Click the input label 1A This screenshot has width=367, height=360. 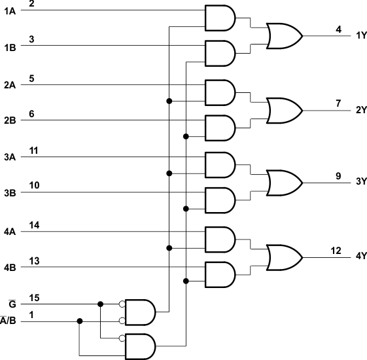pyautogui.click(x=10, y=12)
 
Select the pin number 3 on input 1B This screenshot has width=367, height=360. pyautogui.click(x=32, y=40)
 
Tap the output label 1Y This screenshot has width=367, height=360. pyautogui.click(x=361, y=35)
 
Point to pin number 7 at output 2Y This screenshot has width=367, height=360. pyautogui.click(x=338, y=103)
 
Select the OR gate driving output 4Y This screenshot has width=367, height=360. pyautogui.click(x=283, y=256)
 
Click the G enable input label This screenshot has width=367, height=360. pyautogui.click(x=11, y=304)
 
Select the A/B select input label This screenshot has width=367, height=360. pyautogui.click(x=9, y=321)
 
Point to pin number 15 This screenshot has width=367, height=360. pyautogui.click(x=34, y=298)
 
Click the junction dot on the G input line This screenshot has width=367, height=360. pyautogui.click(x=100, y=304)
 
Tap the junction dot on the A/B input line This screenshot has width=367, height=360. pyautogui.click(x=80, y=321)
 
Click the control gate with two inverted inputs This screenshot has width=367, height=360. pyautogui.click(x=141, y=312)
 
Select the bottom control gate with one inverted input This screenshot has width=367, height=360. pyautogui.click(x=141, y=346)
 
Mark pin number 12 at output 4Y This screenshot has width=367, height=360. pyautogui.click(x=336, y=250)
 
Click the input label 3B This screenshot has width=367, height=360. pyautogui.click(x=10, y=194)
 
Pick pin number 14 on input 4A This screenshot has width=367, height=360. pyautogui.click(x=34, y=225)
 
